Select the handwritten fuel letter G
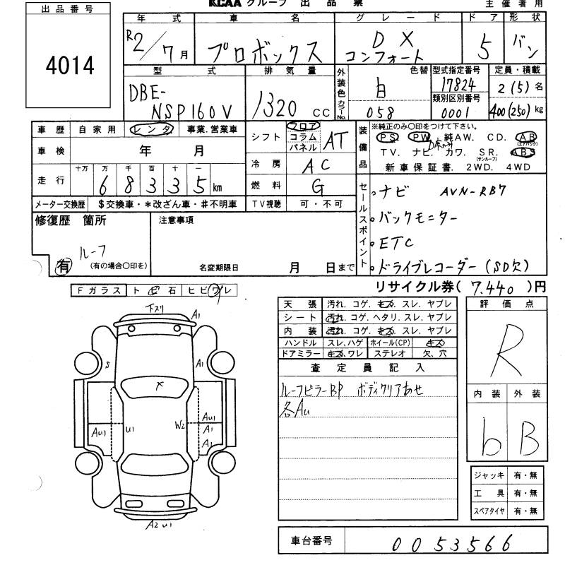pyautogui.click(x=319, y=187)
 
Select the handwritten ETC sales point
pyautogui.click(x=398, y=243)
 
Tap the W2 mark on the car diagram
pyautogui.click(x=180, y=425)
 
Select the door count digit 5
pyautogui.click(x=484, y=49)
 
